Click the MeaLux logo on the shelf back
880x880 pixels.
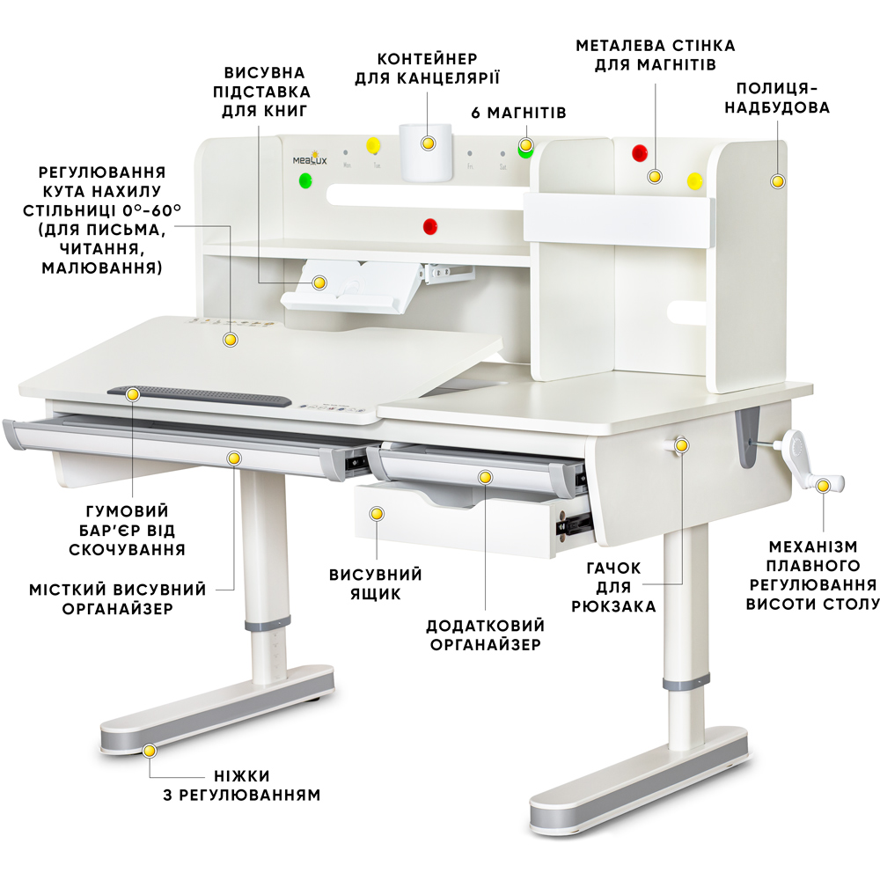pyautogui.click(x=309, y=158)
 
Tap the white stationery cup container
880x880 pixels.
pyautogui.click(x=425, y=152)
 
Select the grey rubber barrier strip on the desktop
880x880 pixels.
pyautogui.click(x=200, y=396)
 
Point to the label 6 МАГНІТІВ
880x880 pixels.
pyautogui.click(x=518, y=113)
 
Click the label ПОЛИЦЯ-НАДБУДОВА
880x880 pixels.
pyautogui.click(x=777, y=98)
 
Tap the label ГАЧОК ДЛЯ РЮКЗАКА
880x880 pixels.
pyautogui.click(x=613, y=587)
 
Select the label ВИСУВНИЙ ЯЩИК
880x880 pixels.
pyautogui.click(x=376, y=583)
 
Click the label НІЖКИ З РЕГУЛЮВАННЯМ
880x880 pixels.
pyautogui.click(x=242, y=785)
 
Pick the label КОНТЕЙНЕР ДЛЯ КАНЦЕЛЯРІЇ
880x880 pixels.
pyautogui.click(x=427, y=69)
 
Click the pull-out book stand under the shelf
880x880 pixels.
pyautogui.click(x=352, y=286)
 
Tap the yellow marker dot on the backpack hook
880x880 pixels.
pyautogui.click(x=681, y=445)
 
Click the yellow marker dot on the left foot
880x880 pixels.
pyautogui.click(x=150, y=751)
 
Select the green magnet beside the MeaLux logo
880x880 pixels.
pyautogui.click(x=305, y=180)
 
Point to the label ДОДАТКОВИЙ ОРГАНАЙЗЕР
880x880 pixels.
pyautogui.click(x=486, y=634)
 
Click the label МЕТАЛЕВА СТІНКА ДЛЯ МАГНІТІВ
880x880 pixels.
pyautogui.click(x=656, y=55)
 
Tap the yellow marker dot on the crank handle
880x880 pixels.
pyautogui.click(x=823, y=486)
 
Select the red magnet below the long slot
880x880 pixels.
pyautogui.click(x=430, y=226)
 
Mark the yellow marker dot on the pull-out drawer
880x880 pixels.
pyautogui.click(x=377, y=514)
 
